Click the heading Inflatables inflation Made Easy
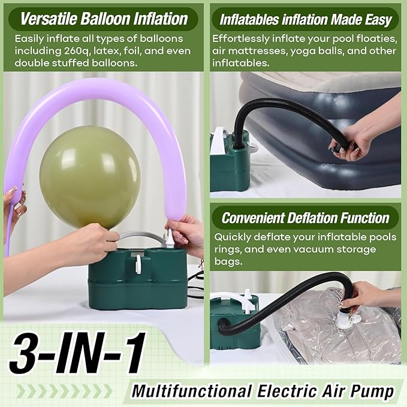(x=305, y=19)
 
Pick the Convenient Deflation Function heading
(x=305, y=218)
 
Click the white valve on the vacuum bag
(x=343, y=321)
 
